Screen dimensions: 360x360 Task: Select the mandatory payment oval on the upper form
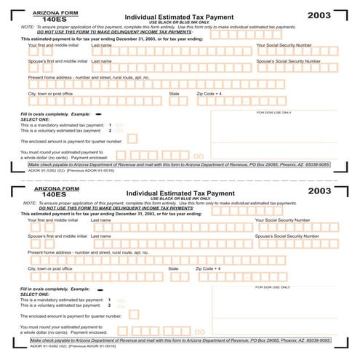(x=120, y=124)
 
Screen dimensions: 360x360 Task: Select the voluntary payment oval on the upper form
(x=120, y=130)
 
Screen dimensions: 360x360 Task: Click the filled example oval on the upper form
(x=98, y=114)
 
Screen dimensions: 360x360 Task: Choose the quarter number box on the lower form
(x=133, y=314)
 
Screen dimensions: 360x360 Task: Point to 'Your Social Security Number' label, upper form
(x=287, y=45)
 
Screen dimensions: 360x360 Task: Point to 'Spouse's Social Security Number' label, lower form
(x=287, y=236)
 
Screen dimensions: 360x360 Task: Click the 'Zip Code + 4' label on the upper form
(x=209, y=94)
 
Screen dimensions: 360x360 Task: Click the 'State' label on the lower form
(x=173, y=269)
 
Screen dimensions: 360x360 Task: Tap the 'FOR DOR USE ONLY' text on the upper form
(x=273, y=113)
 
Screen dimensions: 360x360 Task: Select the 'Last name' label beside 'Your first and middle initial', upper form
(x=101, y=45)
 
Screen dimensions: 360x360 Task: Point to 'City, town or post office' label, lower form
(x=50, y=269)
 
